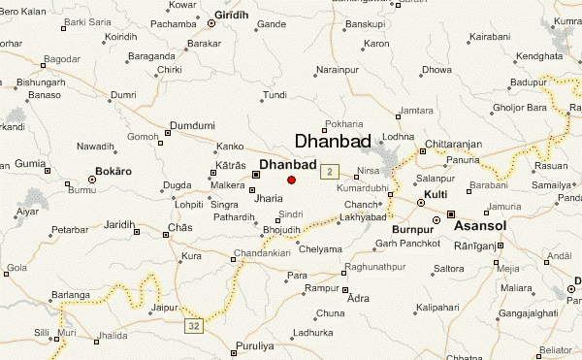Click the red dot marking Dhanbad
point(291,180)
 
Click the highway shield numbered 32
point(195,326)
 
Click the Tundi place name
point(275,95)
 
